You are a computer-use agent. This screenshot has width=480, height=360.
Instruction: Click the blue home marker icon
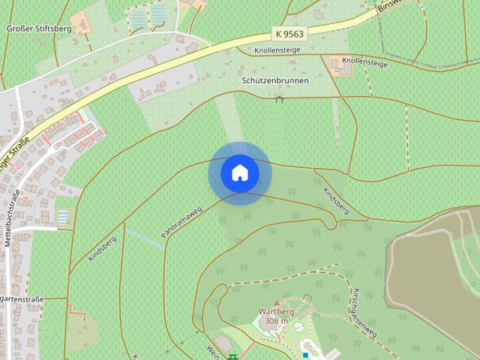(240, 173)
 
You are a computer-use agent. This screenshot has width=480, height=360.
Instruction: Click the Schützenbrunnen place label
(275, 80)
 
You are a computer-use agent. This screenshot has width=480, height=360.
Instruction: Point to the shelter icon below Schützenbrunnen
(280, 97)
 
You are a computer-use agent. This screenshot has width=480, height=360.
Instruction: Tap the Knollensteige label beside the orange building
(364, 62)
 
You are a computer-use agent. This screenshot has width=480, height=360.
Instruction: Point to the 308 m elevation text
(277, 321)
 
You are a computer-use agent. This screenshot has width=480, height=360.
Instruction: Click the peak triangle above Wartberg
(274, 302)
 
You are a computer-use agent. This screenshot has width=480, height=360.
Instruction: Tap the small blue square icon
(305, 353)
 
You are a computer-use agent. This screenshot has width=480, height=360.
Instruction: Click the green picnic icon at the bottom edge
(233, 356)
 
